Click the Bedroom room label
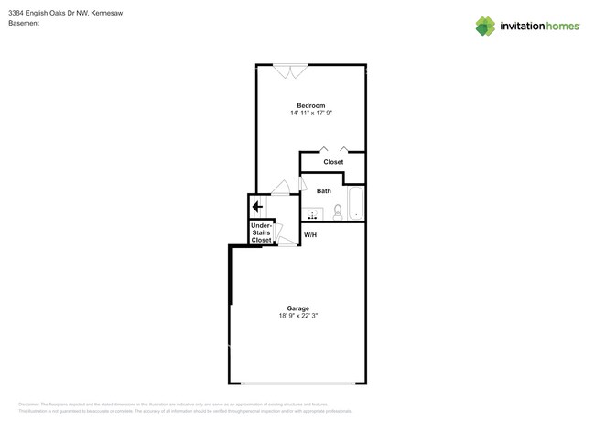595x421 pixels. pyautogui.click(x=310, y=105)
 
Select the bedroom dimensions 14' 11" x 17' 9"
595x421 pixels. pyautogui.click(x=310, y=113)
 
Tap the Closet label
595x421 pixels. pyautogui.click(x=333, y=162)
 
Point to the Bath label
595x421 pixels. pyautogui.click(x=324, y=191)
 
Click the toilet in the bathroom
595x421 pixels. pyautogui.click(x=338, y=211)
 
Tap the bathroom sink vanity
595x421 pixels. pyautogui.click(x=312, y=214)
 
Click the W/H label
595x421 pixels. pyautogui.click(x=310, y=235)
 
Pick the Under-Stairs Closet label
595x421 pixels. pyautogui.click(x=261, y=232)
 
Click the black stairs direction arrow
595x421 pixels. pyautogui.click(x=258, y=207)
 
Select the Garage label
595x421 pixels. pyautogui.click(x=297, y=308)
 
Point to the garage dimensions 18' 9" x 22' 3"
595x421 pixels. pyautogui.click(x=297, y=316)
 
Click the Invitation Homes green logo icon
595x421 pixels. pyautogui.click(x=485, y=26)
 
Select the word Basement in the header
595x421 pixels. pyautogui.click(x=24, y=23)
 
